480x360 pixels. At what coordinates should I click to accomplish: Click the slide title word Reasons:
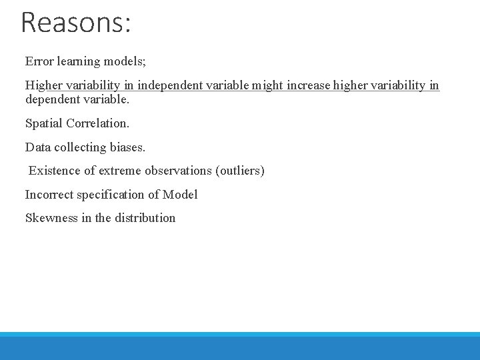coord(76,22)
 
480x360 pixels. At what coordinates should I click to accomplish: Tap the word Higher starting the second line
coord(43,85)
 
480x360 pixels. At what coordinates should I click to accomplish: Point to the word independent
coord(169,85)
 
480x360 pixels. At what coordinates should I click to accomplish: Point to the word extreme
coord(121,171)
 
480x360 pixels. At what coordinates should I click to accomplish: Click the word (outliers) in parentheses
coord(240,171)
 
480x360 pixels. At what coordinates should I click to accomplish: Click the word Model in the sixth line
coord(181,195)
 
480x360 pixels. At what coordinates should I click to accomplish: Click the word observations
coord(178,171)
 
